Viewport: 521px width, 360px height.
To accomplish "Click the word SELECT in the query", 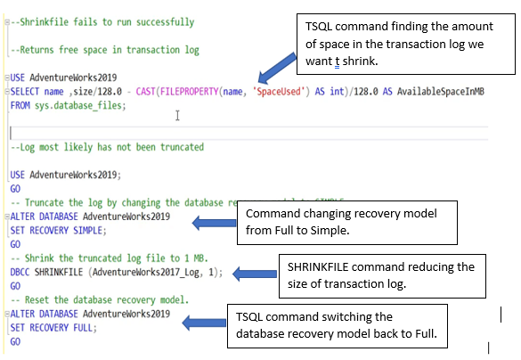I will pyautogui.click(x=27, y=92).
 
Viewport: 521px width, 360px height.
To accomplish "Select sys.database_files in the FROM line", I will pyautogui.click(x=83, y=104).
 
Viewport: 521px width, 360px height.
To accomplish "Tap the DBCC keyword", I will pyautogui.click(x=20, y=272).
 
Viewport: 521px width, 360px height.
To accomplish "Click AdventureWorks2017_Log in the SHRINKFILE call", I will pyautogui.click(x=151, y=272).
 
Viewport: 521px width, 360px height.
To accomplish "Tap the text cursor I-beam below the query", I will pyautogui.click(x=179, y=115).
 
